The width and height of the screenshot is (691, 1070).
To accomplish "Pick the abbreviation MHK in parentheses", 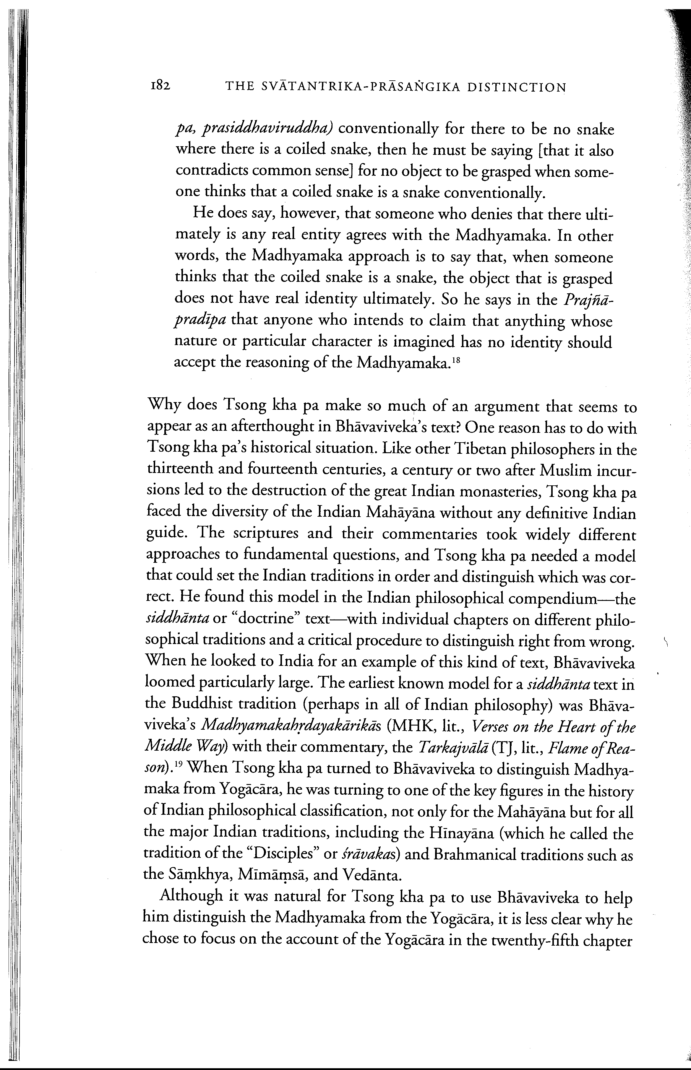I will [x=399, y=727].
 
